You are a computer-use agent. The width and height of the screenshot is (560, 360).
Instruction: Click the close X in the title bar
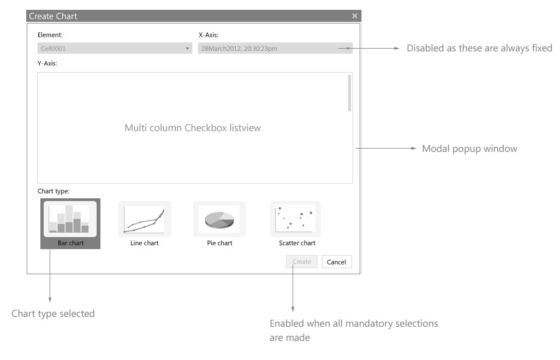(x=355, y=16)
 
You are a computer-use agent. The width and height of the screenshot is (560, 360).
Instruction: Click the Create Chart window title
(x=53, y=16)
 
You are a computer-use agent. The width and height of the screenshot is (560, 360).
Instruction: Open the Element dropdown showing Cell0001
(x=115, y=49)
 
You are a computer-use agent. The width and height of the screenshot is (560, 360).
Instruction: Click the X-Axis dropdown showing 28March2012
(x=275, y=49)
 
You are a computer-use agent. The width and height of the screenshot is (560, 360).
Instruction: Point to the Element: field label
(x=50, y=35)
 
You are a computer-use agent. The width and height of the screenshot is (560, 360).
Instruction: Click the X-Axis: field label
(x=208, y=35)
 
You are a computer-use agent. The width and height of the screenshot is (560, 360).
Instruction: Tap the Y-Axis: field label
(x=47, y=63)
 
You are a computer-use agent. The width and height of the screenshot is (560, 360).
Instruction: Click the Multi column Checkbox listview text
(x=193, y=128)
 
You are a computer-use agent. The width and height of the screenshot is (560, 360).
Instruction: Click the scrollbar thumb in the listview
(x=349, y=93)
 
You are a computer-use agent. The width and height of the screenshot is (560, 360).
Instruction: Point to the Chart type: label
(x=53, y=191)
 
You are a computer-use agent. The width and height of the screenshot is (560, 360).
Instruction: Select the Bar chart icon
(x=70, y=219)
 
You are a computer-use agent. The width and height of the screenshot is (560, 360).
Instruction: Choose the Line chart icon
(x=144, y=219)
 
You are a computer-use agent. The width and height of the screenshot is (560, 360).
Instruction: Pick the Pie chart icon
(x=219, y=219)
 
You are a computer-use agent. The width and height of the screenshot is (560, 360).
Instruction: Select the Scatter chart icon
(x=295, y=219)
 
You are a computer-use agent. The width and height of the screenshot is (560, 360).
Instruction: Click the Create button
(x=301, y=262)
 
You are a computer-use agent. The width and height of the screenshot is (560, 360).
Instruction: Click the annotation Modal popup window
(x=469, y=149)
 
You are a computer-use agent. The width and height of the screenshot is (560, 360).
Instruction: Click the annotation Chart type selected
(x=53, y=314)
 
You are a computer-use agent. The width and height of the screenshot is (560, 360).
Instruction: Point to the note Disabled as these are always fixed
(x=479, y=48)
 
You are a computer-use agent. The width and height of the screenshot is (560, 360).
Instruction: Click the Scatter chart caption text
(x=297, y=243)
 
